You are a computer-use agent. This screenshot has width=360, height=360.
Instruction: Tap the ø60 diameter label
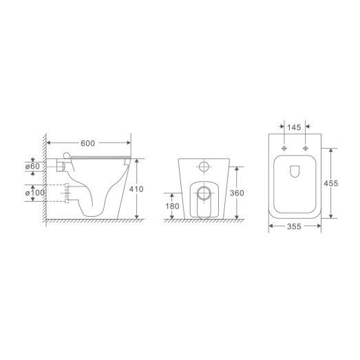(35, 167)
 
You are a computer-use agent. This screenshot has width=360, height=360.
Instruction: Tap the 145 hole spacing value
(294, 128)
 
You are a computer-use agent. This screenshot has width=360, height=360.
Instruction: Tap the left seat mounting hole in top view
(284, 147)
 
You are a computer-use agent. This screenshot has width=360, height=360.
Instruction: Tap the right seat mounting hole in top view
(304, 147)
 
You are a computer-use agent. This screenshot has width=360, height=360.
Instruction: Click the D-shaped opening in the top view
(294, 170)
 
